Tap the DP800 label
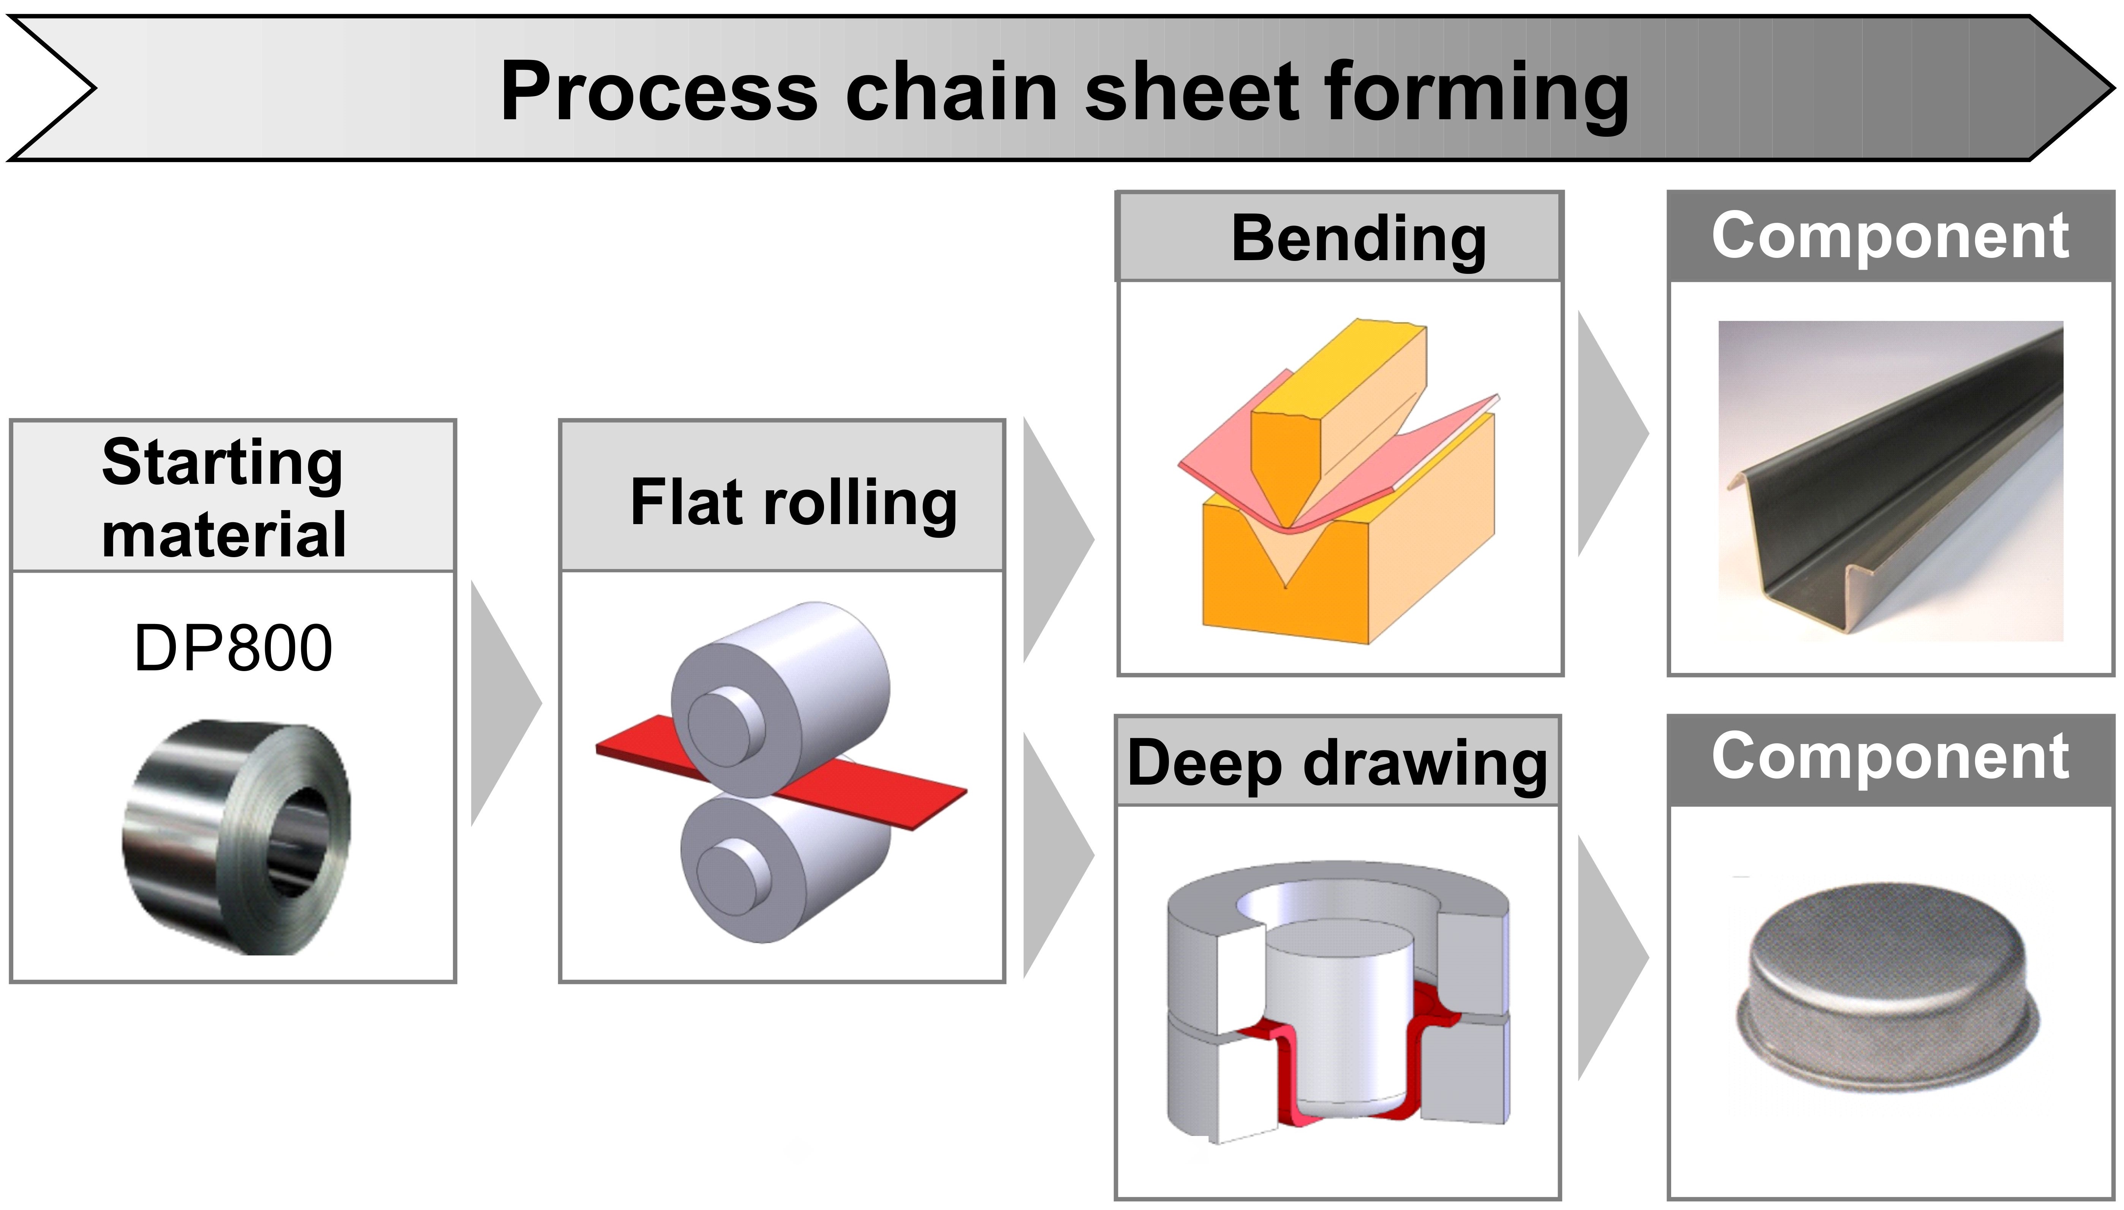coord(233,648)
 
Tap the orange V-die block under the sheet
coord(1347,565)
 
